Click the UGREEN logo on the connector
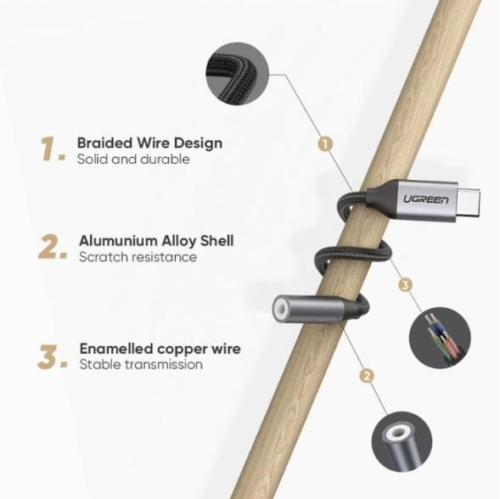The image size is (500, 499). coord(425,199)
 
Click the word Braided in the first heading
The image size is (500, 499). coord(104,143)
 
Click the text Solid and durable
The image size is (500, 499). coord(133,159)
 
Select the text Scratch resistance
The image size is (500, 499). coord(138,257)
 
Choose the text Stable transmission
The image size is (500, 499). coord(141,364)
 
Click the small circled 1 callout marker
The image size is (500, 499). coord(325,144)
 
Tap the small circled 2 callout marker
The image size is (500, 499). coord(367,376)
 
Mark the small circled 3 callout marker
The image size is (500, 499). coord(405,285)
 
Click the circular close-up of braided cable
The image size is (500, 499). coord(238,74)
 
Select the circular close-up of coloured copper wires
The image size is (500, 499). coord(440,338)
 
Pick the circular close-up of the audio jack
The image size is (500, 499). coord(402,441)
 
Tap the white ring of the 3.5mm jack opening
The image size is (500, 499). coord(282,309)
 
